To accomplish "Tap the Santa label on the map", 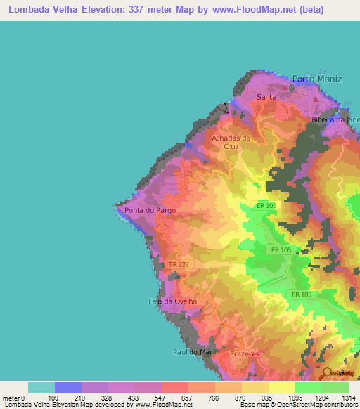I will (266, 97).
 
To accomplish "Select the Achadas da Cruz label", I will (231, 143).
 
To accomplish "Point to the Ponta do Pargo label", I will (150, 210).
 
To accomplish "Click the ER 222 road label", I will (179, 264).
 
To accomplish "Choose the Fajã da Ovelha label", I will (172, 301).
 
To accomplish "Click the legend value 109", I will (53, 398).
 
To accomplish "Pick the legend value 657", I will (186, 398).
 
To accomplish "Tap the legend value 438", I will (134, 398).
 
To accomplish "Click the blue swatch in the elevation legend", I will (68, 387).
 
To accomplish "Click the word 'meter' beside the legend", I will (12, 398).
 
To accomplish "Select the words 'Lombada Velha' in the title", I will (40, 9).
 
